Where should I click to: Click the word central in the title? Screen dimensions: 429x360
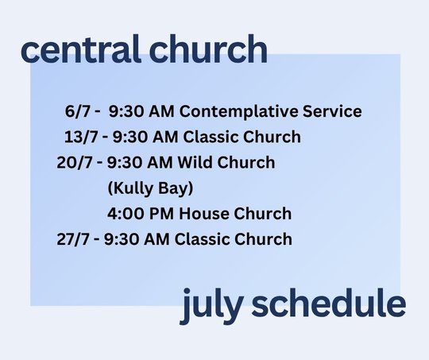click(80, 49)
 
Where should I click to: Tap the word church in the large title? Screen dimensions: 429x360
click(208, 49)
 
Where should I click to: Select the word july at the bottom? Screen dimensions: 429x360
click(211, 306)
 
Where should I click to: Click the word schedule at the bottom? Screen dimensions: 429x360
click(329, 303)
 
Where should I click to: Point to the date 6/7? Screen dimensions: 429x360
click(78, 111)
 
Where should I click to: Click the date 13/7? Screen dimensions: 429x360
click(81, 137)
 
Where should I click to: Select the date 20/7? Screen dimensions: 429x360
click(75, 163)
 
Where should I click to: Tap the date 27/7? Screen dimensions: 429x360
click(73, 239)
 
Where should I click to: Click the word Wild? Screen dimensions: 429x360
click(195, 162)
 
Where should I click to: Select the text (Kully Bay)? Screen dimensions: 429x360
click(150, 188)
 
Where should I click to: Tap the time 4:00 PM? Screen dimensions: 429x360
click(141, 214)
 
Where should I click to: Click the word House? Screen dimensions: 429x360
click(204, 214)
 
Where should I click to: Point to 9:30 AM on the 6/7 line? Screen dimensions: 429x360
click(141, 111)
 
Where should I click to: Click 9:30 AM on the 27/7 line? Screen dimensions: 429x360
click(137, 239)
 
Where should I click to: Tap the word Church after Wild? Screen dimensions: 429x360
click(246, 162)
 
